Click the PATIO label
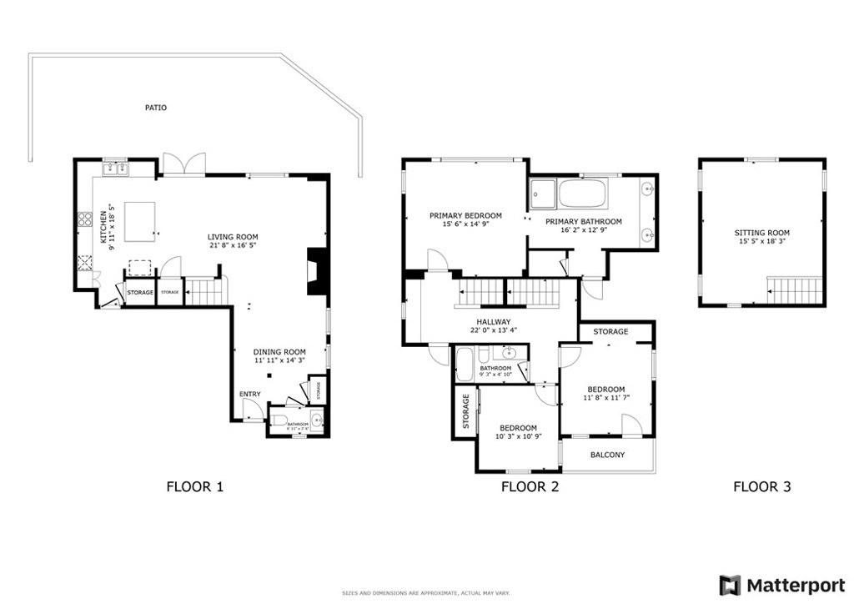pyautogui.click(x=156, y=108)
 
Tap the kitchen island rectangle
pyautogui.click(x=141, y=222)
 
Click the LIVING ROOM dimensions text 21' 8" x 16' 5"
pyautogui.click(x=233, y=246)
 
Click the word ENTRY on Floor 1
pyautogui.click(x=249, y=394)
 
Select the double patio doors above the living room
pyautogui.click(x=183, y=164)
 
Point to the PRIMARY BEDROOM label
pyautogui.click(x=465, y=215)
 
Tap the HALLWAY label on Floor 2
pyautogui.click(x=493, y=321)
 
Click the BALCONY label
pyautogui.click(x=607, y=455)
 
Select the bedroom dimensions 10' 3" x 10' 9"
pyautogui.click(x=519, y=436)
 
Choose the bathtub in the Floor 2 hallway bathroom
pyautogui.click(x=465, y=364)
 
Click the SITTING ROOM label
pyautogui.click(x=761, y=233)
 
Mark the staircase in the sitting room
pyautogui.click(x=795, y=292)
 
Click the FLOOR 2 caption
pyautogui.click(x=530, y=487)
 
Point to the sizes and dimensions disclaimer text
pyautogui.click(x=426, y=593)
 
